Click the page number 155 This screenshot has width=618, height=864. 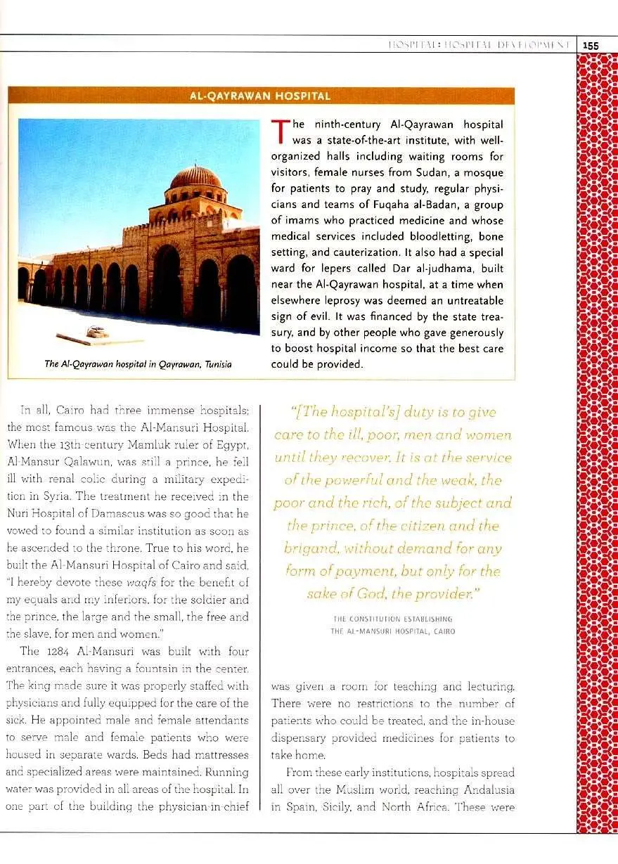point(591,45)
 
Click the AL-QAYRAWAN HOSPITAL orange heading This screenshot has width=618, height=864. point(260,96)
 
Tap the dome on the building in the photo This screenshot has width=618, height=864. point(196,176)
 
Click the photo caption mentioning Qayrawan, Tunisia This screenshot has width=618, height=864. point(138,363)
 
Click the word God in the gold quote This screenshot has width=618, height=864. point(373,594)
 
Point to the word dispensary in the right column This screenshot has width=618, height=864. point(302,738)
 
